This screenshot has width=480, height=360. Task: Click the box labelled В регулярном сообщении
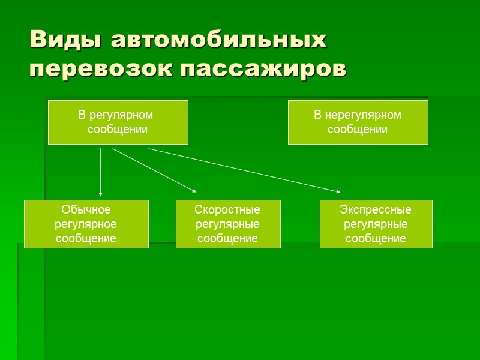click(x=118, y=122)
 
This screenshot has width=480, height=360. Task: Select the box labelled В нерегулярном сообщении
click(x=358, y=122)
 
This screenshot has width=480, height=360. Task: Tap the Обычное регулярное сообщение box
click(x=86, y=224)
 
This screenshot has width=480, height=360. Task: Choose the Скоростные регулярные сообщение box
click(x=227, y=224)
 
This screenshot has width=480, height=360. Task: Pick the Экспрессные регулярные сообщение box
click(x=376, y=224)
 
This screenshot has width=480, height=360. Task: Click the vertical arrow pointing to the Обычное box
click(x=100, y=171)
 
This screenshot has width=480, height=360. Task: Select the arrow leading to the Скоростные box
click(x=154, y=170)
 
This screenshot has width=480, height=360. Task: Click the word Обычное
click(x=86, y=210)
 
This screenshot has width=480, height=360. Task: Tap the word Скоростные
click(x=227, y=210)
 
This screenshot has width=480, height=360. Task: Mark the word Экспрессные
click(x=376, y=210)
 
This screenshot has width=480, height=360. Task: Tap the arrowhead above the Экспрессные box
click(x=338, y=191)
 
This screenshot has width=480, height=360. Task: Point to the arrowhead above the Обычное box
click(x=100, y=194)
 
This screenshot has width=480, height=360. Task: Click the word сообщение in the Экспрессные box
click(x=376, y=238)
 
